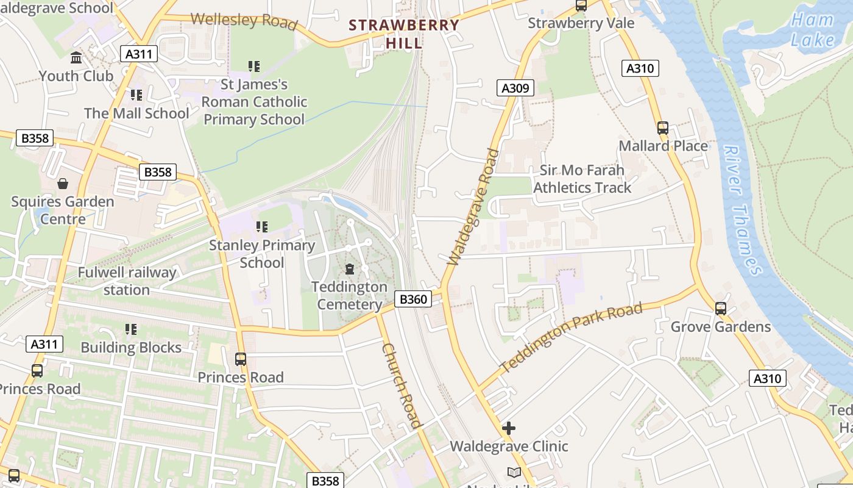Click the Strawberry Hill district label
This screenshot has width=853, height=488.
pos(404,34)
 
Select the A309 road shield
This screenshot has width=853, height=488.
pos(515,88)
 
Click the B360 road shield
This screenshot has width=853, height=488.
pos(413,299)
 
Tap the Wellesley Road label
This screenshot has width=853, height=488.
pos(244,20)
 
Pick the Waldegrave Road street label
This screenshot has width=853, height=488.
pos(473,207)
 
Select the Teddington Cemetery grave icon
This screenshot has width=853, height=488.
pos(350,268)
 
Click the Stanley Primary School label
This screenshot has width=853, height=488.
pos(262,254)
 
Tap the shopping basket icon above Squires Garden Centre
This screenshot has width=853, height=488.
pos(62,183)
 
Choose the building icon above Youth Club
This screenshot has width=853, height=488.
pos(77,58)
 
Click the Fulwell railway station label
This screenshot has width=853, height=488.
pos(127,281)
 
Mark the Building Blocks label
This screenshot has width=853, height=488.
pos(131,348)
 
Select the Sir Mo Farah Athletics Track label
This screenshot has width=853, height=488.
pos(582,179)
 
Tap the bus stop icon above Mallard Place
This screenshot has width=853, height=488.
pos(663,128)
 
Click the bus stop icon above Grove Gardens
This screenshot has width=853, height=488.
pos(721,309)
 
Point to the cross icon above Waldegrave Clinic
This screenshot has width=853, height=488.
pos(509,428)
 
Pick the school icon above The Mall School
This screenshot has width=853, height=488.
pos(136,95)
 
